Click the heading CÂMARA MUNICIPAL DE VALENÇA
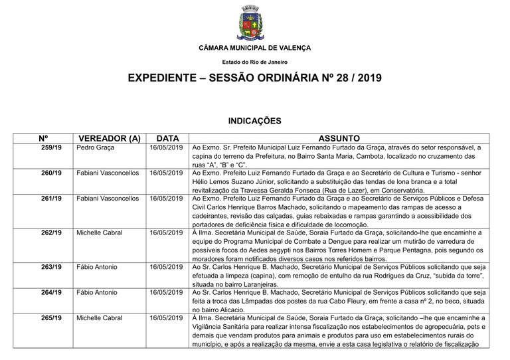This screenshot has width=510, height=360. pyautogui.click(x=254, y=48)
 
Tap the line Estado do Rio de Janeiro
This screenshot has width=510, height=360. pyautogui.click(x=254, y=61)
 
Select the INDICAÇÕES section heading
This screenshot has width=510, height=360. pyautogui.click(x=254, y=121)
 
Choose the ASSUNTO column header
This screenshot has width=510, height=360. pyautogui.click(x=339, y=138)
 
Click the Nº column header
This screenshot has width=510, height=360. pyautogui.click(x=44, y=138)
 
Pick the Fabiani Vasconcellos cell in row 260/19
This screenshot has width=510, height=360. pyautogui.click(x=108, y=173)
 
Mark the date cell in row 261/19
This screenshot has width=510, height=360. pyautogui.click(x=165, y=199)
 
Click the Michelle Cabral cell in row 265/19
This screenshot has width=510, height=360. pyautogui.click(x=100, y=318)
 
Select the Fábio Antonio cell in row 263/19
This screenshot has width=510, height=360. pyautogui.click(x=97, y=267)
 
